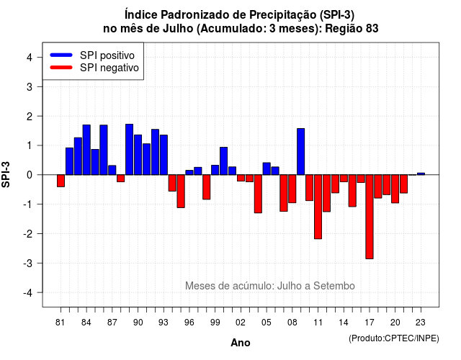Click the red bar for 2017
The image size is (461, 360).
pyautogui.click(x=370, y=217)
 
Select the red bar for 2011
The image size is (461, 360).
pyautogui.click(x=318, y=207)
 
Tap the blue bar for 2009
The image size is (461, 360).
pyautogui.click(x=301, y=152)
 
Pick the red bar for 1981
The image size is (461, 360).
pyautogui.click(x=61, y=181)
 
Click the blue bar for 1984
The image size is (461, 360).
pyautogui.click(x=86, y=150)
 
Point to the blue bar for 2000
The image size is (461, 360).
pyautogui.click(x=224, y=161)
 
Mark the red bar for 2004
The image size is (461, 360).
pyautogui.click(x=258, y=194)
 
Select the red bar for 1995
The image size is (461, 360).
pyautogui.click(x=181, y=192)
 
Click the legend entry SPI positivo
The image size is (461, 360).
pyautogui.click(x=107, y=55)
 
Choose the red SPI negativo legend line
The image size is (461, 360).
pyautogui.click(x=61, y=68)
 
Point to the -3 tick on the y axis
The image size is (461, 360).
pyautogui.click(x=40, y=263)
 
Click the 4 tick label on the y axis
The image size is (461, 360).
pyautogui.click(x=30, y=58)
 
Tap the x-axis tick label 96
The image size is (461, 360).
pyautogui.click(x=189, y=323)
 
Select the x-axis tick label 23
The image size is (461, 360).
pyautogui.click(x=421, y=323)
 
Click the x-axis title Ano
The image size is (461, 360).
pyautogui.click(x=241, y=343)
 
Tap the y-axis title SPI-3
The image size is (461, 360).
pyautogui.click(x=6, y=174)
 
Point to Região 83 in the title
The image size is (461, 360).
pyautogui.click(x=352, y=29)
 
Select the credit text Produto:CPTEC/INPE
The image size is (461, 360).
pyautogui.click(x=394, y=338)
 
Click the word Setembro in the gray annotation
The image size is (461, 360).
pyautogui.click(x=334, y=286)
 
